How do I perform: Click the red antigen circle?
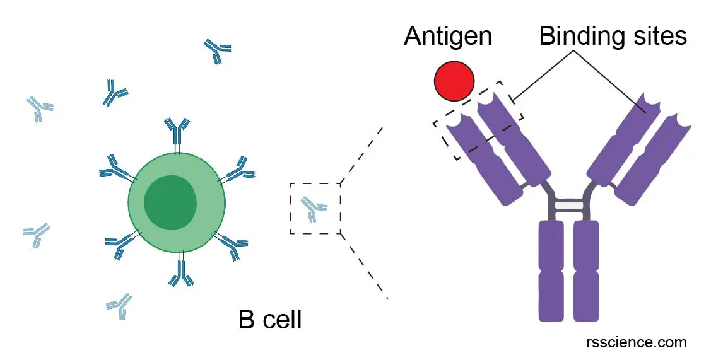[x=454, y=81]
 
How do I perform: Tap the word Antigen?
[x=447, y=37]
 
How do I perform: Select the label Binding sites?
[x=613, y=37]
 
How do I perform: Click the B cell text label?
[x=269, y=320]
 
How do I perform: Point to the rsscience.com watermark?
[x=635, y=342]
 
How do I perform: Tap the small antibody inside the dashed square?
[x=313, y=208]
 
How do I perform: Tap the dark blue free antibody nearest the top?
[x=218, y=51]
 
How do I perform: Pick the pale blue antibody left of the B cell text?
[x=119, y=305]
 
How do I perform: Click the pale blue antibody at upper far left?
[x=40, y=108]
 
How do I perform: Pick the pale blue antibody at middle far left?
[x=37, y=235]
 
